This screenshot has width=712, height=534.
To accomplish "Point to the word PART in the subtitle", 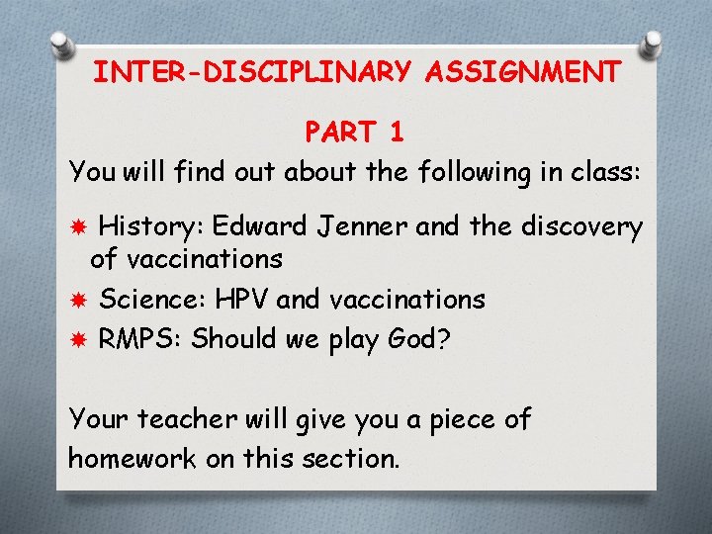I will point(338,132).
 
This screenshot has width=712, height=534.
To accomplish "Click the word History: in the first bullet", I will point(149,227).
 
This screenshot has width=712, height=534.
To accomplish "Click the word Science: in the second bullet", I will point(147,299).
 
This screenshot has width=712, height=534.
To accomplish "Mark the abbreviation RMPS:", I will point(139,339).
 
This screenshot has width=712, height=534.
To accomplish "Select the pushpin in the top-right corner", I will point(652,43).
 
